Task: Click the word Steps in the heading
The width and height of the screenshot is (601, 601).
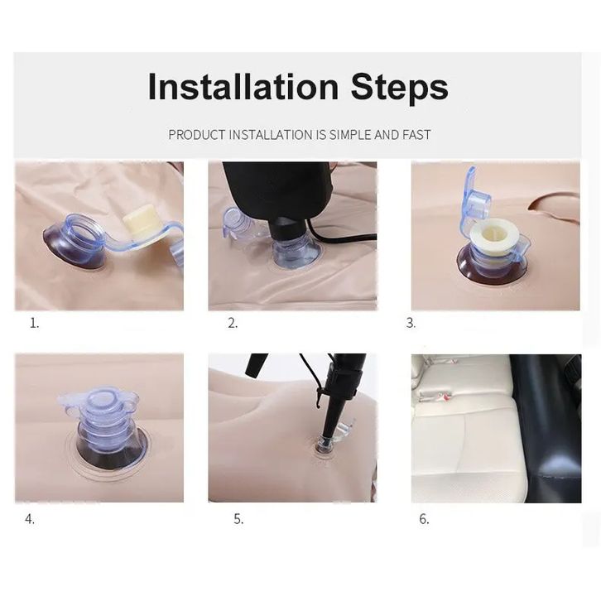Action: tap(399, 88)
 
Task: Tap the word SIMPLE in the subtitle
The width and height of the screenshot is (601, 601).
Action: tap(350, 135)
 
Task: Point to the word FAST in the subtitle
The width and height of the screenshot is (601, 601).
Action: tap(416, 135)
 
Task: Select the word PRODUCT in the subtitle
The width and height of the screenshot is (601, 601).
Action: tap(197, 135)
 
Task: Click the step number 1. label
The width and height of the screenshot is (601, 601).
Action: tap(35, 324)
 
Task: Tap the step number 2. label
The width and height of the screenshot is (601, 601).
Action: tap(233, 324)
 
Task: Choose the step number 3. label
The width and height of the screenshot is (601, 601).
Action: tap(411, 324)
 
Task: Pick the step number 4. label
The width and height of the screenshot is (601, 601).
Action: tap(30, 519)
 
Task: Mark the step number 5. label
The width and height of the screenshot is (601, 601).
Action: tap(238, 519)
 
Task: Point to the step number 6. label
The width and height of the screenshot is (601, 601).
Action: tap(424, 519)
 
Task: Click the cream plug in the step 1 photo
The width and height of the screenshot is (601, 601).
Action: tap(138, 224)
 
